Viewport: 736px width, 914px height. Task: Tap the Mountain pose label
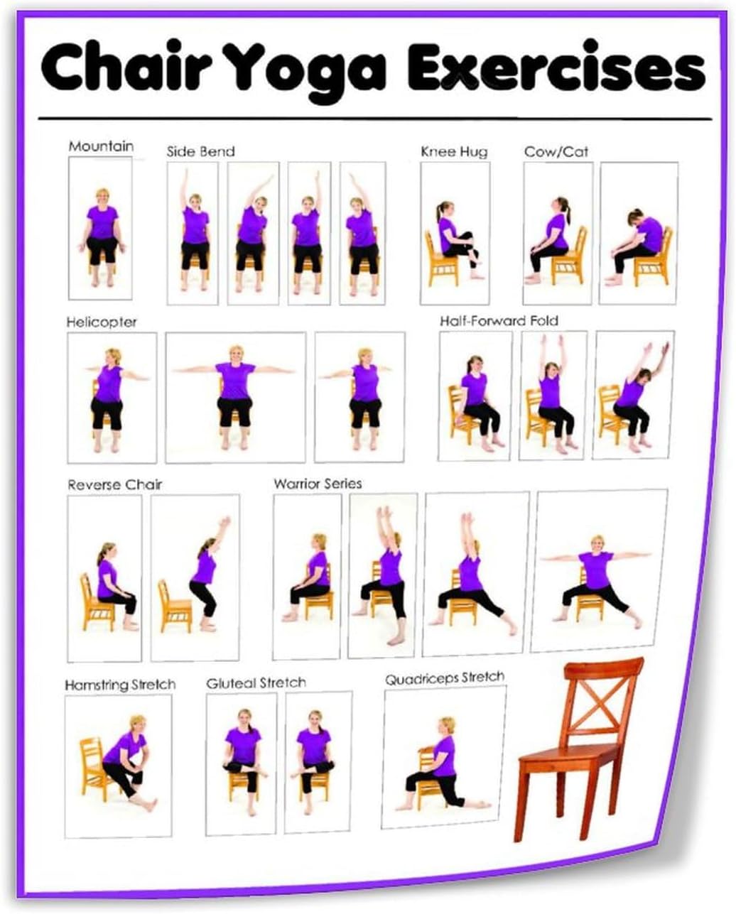(x=101, y=146)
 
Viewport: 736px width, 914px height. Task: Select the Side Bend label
(x=200, y=151)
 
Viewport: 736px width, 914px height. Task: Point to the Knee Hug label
(x=454, y=151)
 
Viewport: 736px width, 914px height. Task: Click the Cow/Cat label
(x=556, y=151)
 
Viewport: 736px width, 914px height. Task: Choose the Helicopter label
(x=102, y=322)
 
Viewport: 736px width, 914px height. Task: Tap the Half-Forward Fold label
(x=499, y=321)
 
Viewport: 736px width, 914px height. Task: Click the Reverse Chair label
(x=115, y=485)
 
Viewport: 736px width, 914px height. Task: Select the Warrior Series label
(x=318, y=484)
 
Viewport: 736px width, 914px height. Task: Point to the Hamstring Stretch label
(x=120, y=685)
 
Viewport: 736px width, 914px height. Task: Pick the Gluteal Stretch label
(x=256, y=683)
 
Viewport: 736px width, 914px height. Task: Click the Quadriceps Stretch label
(x=445, y=678)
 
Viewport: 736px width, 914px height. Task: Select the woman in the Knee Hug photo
(x=453, y=236)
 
